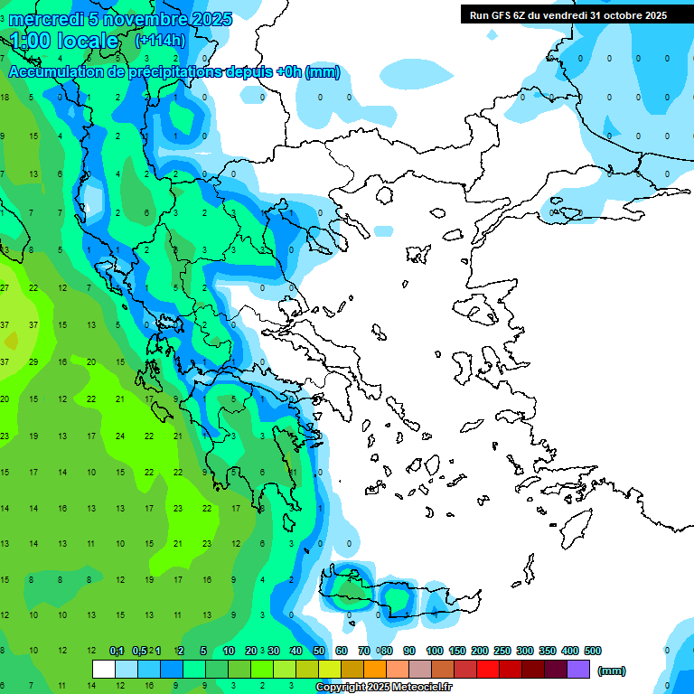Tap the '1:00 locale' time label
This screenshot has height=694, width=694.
tap(65, 41)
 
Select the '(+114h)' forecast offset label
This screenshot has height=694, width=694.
tap(160, 41)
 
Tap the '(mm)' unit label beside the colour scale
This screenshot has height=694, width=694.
tap(612, 671)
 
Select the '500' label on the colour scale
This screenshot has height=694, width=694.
tap(593, 651)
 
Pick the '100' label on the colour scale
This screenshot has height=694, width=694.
tap(435, 651)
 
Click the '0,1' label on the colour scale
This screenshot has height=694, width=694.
tap(117, 651)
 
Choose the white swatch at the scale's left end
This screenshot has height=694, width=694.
tap(104, 670)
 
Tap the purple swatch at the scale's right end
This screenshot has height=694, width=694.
tap(578, 670)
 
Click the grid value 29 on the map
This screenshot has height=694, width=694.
tap(33, 361)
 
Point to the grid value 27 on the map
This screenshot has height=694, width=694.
tap(5, 287)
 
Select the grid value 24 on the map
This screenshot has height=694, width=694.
tap(119, 436)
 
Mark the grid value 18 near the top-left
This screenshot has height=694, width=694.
tap(5, 98)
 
